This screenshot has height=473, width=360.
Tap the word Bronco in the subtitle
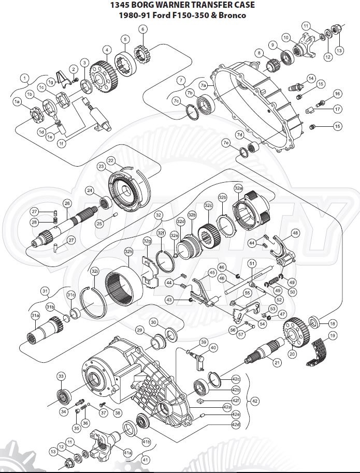[x=233, y=15]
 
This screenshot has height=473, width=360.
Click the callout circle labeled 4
[x=106, y=50]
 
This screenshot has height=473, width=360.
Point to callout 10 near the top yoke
[x=285, y=37]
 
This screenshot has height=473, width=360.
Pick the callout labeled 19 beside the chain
[x=332, y=336]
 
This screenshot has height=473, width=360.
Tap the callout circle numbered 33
[x=61, y=376]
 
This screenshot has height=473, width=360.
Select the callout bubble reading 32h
[x=128, y=252]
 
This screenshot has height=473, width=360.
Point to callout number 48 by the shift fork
[x=296, y=233]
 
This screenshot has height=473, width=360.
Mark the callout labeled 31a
[x=35, y=315]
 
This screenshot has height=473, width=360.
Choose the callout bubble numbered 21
[x=277, y=363]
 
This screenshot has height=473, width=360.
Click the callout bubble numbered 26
[x=67, y=204]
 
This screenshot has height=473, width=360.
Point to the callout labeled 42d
[x=236, y=425]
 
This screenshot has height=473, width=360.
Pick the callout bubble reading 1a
[x=18, y=102]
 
